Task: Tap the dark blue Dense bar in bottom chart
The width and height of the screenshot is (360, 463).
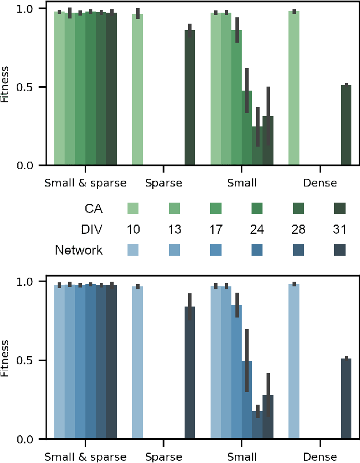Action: click(346, 398)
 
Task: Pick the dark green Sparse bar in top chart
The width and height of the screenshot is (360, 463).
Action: click(190, 98)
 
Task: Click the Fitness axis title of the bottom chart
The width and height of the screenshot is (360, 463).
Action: click(6, 360)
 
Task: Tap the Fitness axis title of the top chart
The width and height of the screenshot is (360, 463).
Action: click(6, 87)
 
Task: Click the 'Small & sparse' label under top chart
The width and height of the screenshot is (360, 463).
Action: click(85, 184)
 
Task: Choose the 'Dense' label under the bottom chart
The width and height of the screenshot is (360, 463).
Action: click(320, 457)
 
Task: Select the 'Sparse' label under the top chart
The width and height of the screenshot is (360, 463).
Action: click(164, 184)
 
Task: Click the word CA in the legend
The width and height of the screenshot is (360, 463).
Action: click(93, 208)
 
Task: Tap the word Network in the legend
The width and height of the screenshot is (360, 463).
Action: click(79, 250)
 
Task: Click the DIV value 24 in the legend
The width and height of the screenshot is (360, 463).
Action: click(258, 229)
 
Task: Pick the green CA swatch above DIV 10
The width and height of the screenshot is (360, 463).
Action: click(133, 208)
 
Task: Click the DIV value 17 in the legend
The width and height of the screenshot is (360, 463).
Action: click(216, 229)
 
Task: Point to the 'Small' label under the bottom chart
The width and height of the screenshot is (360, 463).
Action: click(242, 457)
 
